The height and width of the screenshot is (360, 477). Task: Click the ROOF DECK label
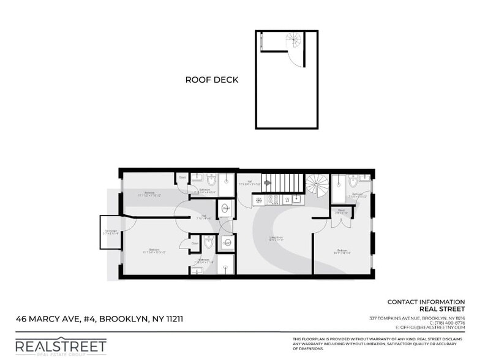coord(212,80)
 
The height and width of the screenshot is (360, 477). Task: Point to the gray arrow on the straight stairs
coord(267,182)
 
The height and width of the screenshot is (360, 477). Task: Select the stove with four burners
coord(273,200)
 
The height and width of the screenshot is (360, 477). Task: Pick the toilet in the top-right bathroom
coord(353,183)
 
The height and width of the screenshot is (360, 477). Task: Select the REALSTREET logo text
coord(61,346)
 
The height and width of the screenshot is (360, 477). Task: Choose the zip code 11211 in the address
coord(171,319)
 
